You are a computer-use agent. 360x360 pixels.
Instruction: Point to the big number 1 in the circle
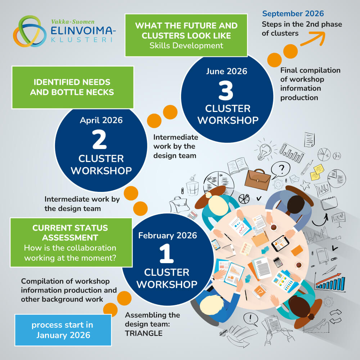tap(166, 255)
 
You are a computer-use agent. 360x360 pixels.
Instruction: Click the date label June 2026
tap(226, 71)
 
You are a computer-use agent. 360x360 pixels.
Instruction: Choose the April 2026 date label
tap(101, 120)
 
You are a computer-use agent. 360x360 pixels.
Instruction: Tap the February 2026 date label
tap(167, 235)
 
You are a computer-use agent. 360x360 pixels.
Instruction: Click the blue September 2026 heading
tap(293, 14)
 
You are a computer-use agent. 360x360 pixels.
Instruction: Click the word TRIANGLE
tap(144, 333)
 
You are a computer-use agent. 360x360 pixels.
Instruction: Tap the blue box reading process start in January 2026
tap(63, 330)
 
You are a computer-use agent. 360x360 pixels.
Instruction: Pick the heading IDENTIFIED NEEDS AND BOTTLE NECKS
tap(72, 87)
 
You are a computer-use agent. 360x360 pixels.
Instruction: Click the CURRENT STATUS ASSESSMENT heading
tap(70, 233)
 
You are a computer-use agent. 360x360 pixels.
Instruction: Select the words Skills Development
tap(186, 45)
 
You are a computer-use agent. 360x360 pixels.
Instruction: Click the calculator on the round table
tap(278, 261)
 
